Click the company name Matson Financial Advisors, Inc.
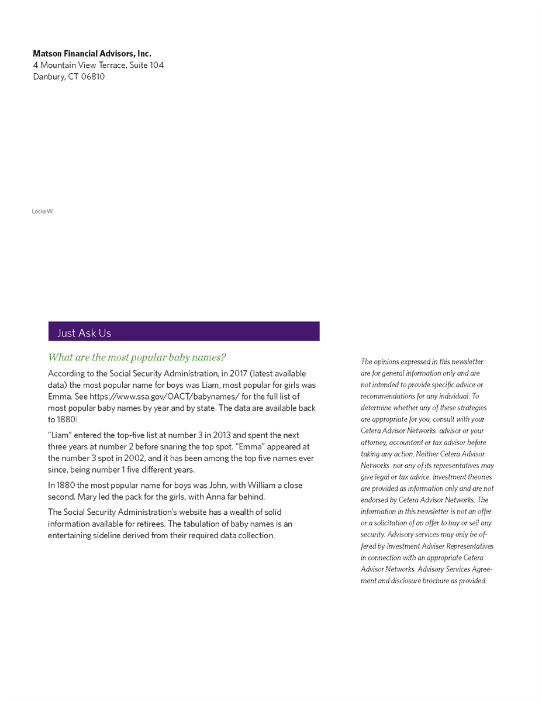[92, 54]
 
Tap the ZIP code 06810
[92, 77]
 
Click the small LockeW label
[42, 211]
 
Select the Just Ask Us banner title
[84, 333]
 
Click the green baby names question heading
[137, 357]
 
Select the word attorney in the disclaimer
[374, 443]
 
